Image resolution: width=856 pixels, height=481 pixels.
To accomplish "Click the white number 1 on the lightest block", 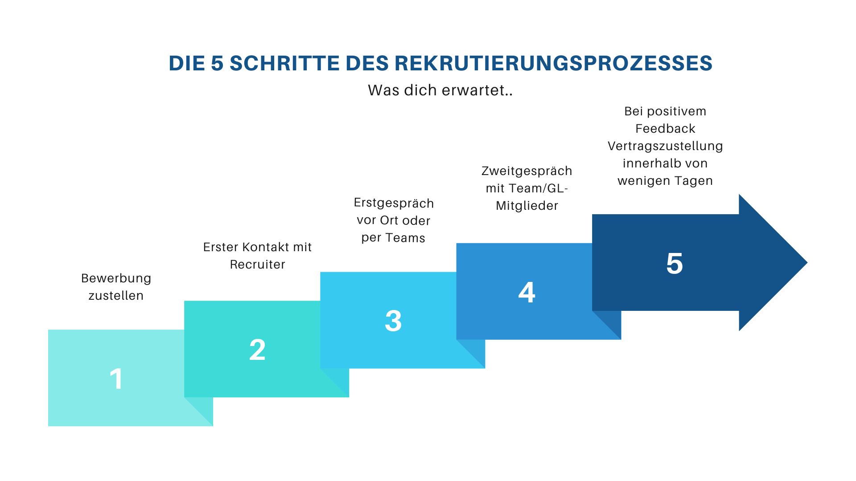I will pos(116,379).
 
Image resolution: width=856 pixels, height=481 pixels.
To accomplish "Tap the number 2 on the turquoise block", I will pos(257,350).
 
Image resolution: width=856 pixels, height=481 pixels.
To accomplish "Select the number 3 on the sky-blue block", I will pos(393,321).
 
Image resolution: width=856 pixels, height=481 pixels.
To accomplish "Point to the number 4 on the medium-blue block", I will pos(527,293).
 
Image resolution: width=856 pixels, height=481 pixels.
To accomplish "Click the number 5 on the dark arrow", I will pos(675,263).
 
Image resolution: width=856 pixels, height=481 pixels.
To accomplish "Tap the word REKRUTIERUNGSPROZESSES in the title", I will pos(554,63).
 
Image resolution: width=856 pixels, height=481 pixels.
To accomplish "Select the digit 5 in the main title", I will pos(217,63).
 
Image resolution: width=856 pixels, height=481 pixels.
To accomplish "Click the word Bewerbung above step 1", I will pos(116,278).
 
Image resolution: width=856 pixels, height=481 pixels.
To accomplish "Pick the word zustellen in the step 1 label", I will pos(116,296).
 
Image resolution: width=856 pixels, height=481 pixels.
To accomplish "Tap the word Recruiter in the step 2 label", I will pos(257,265).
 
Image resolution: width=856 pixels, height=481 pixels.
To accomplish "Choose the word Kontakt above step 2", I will pos(265,247).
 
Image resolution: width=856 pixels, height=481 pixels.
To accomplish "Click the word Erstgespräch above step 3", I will pos(394,203).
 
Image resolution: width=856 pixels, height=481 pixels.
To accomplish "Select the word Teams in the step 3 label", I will pos(406,238).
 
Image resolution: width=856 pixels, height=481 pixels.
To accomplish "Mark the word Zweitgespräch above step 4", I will pos(527,171).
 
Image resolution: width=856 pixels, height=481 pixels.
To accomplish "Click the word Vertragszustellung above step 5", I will pos(665,146).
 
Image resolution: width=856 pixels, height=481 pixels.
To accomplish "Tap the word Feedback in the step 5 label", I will pos(665,129).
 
